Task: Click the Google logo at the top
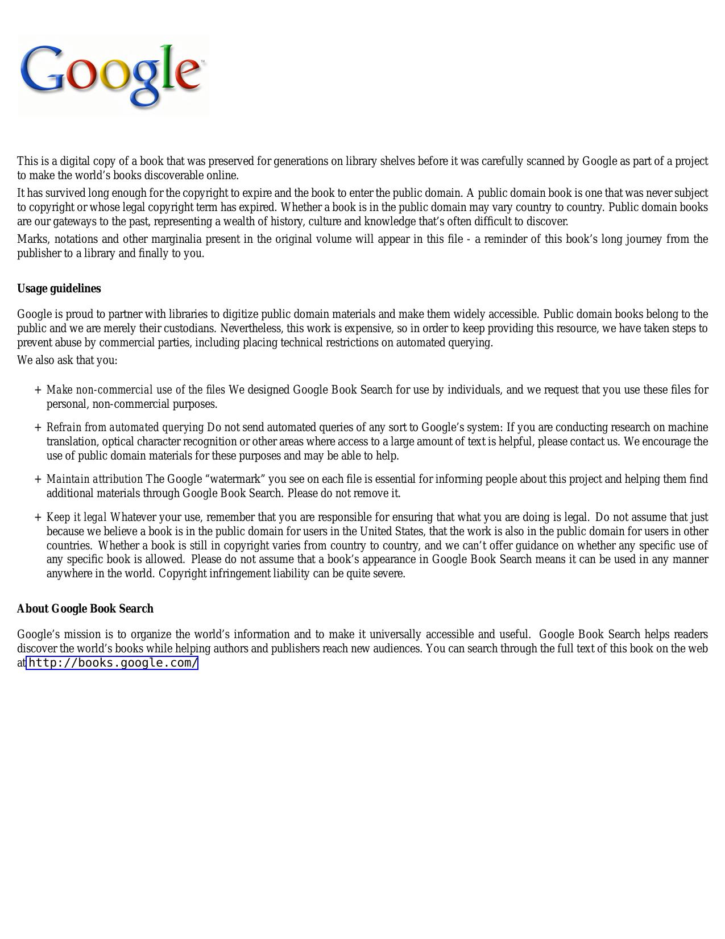[113, 75]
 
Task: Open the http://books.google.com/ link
[113, 663]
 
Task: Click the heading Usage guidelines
[59, 289]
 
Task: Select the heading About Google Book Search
[85, 609]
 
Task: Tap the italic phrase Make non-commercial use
[100, 390]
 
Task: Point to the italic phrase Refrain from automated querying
[125, 428]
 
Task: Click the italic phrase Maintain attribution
[94, 479]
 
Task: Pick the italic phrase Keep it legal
[76, 518]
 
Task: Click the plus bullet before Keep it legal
[38, 518]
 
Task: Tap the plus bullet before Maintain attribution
[38, 479]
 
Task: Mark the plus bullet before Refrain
[38, 428]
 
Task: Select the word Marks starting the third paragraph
[32, 239]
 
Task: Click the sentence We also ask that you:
[67, 361]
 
